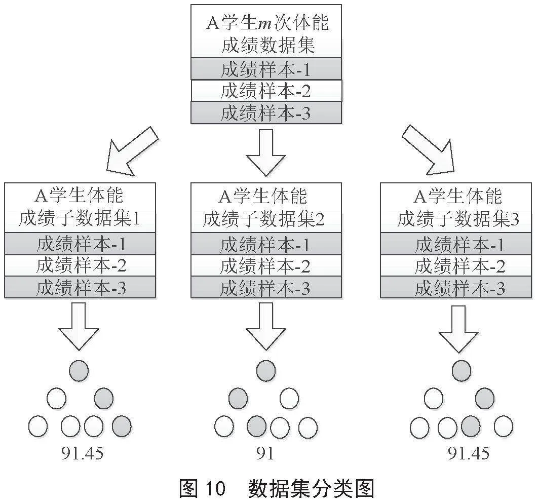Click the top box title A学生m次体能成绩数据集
(x=266, y=33)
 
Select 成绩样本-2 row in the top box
(x=266, y=91)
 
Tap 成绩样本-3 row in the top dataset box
(x=266, y=113)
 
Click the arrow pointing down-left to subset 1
(x=132, y=151)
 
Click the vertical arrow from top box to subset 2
(x=266, y=152)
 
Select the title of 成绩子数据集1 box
(x=80, y=208)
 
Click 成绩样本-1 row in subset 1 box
(x=80, y=244)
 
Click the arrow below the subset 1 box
(x=79, y=326)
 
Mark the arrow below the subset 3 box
(x=459, y=329)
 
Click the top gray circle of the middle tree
(x=266, y=371)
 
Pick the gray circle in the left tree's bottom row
(x=122, y=426)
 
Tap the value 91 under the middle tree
(x=265, y=453)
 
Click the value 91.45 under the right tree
(x=469, y=453)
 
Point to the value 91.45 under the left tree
(x=83, y=453)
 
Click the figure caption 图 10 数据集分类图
(x=277, y=488)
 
